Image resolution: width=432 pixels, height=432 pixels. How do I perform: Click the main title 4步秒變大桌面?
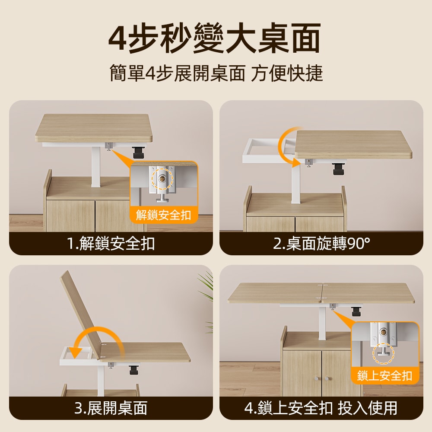click(215, 39)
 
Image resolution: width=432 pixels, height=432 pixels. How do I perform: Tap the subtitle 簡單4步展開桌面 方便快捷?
click(216, 73)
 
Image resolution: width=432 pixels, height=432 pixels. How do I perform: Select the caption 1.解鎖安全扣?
click(111, 244)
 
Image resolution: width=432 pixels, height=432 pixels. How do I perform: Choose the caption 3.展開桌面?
click(111, 408)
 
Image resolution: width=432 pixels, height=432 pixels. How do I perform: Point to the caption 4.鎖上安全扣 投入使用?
click(321, 408)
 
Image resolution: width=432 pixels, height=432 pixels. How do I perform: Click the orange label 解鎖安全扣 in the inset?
click(164, 215)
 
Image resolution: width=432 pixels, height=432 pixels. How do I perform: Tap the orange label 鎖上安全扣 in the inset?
click(385, 375)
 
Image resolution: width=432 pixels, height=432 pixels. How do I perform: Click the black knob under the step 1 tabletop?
click(139, 152)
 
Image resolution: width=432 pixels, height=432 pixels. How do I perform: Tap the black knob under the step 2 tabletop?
click(338, 168)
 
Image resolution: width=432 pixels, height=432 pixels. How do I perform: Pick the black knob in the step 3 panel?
click(133, 370)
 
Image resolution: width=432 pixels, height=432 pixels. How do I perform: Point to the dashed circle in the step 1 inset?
click(163, 178)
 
